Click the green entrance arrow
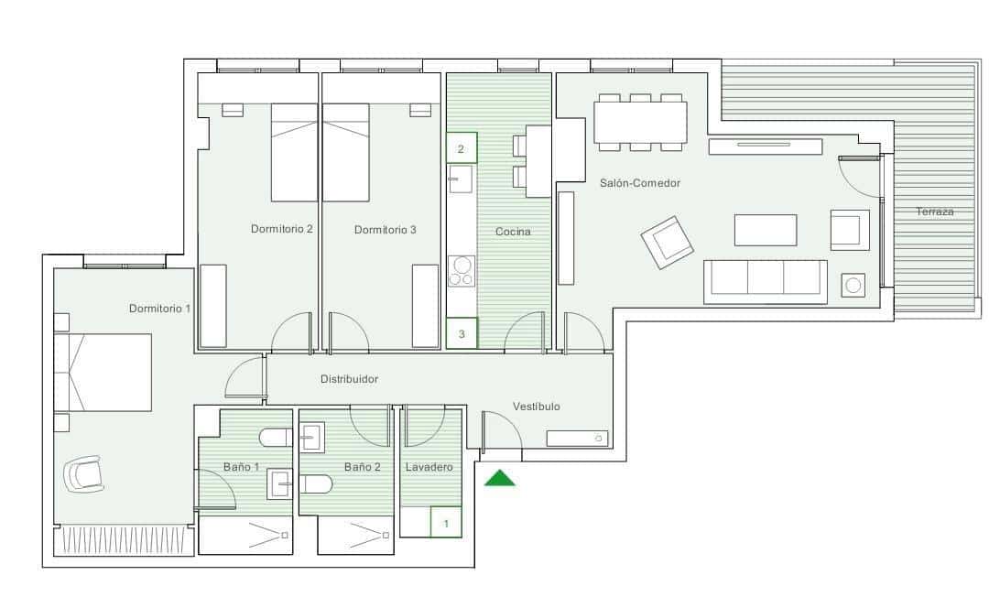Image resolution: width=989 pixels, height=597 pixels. pyautogui.click(x=499, y=478)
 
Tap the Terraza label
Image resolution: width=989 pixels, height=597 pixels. pyautogui.click(x=935, y=212)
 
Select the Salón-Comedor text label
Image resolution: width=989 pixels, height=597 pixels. pyautogui.click(x=640, y=183)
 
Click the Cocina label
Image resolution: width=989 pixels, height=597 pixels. pyautogui.click(x=513, y=232)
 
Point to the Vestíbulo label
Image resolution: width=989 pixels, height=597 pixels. pyautogui.click(x=536, y=407)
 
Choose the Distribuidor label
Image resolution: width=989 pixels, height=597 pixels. pyautogui.click(x=349, y=378)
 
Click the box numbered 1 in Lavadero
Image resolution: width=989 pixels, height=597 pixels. pyautogui.click(x=446, y=523)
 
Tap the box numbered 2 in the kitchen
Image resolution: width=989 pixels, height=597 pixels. pyautogui.click(x=461, y=148)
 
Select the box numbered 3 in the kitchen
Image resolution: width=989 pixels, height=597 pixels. pyautogui.click(x=462, y=334)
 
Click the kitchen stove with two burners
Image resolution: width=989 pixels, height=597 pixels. pyautogui.click(x=462, y=272)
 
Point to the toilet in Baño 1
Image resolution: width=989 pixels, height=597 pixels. pyautogui.click(x=276, y=438)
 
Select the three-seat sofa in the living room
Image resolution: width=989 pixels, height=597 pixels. pyautogui.click(x=765, y=281)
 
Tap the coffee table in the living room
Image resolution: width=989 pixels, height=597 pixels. pyautogui.click(x=766, y=230)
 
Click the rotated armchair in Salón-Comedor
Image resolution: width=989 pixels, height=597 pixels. pyautogui.click(x=668, y=242)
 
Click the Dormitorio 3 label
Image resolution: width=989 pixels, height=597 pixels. pyautogui.click(x=385, y=230)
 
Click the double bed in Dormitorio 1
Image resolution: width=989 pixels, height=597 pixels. pyautogui.click(x=103, y=373)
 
